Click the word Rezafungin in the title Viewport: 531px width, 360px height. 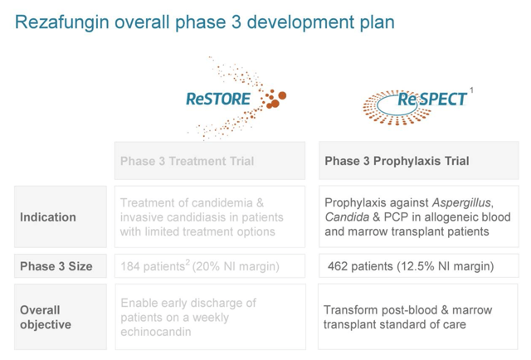tap(62, 22)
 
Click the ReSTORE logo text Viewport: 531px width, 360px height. tap(218, 99)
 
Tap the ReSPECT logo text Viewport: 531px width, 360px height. tap(432, 100)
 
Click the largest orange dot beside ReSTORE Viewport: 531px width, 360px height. tap(282, 95)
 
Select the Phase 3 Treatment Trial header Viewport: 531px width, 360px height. tap(187, 161)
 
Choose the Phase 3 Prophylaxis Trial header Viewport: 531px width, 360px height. tap(397, 161)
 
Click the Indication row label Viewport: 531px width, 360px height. tap(48, 217)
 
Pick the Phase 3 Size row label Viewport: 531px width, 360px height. tap(56, 266)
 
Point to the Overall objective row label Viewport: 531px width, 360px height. tap(46, 317)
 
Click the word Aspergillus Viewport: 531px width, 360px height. tap(461, 202)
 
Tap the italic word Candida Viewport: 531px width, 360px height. tap(347, 217)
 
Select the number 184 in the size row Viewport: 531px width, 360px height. tap(130, 266)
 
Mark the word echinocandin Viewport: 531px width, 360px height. tap(156, 332)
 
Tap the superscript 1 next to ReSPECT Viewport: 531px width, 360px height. tap(471, 90)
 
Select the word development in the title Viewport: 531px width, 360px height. tap(300, 22)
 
